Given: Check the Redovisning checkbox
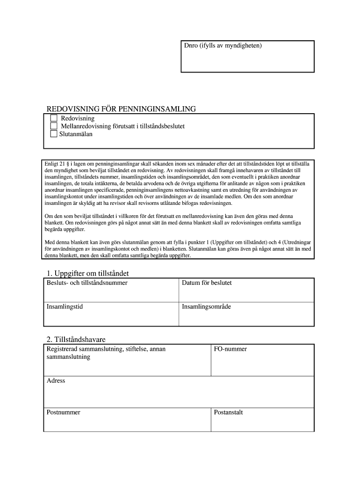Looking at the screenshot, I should pyautogui.click(x=54, y=118).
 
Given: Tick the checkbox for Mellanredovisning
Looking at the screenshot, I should pyautogui.click(x=54, y=126).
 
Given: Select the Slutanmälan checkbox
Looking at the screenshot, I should pyautogui.click(x=54, y=134).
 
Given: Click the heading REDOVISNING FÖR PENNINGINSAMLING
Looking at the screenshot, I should pyautogui.click(x=121, y=109).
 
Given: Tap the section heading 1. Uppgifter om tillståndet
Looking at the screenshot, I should pyautogui.click(x=88, y=273).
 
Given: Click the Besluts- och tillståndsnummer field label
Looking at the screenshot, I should pyautogui.click(x=87, y=283).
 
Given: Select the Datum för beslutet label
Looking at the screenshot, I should pyautogui.click(x=207, y=283).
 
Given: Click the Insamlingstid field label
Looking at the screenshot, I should pyautogui.click(x=65, y=307).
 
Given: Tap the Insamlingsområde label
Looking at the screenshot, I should pyautogui.click(x=206, y=307).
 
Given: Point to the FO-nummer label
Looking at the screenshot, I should pyautogui.click(x=230, y=349).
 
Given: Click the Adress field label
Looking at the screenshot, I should pyautogui.click(x=56, y=381).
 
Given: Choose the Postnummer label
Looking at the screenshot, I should pyautogui.click(x=64, y=413).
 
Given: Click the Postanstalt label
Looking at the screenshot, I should pyautogui.click(x=228, y=413).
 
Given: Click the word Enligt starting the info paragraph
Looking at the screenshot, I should pyautogui.click(x=51, y=165).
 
